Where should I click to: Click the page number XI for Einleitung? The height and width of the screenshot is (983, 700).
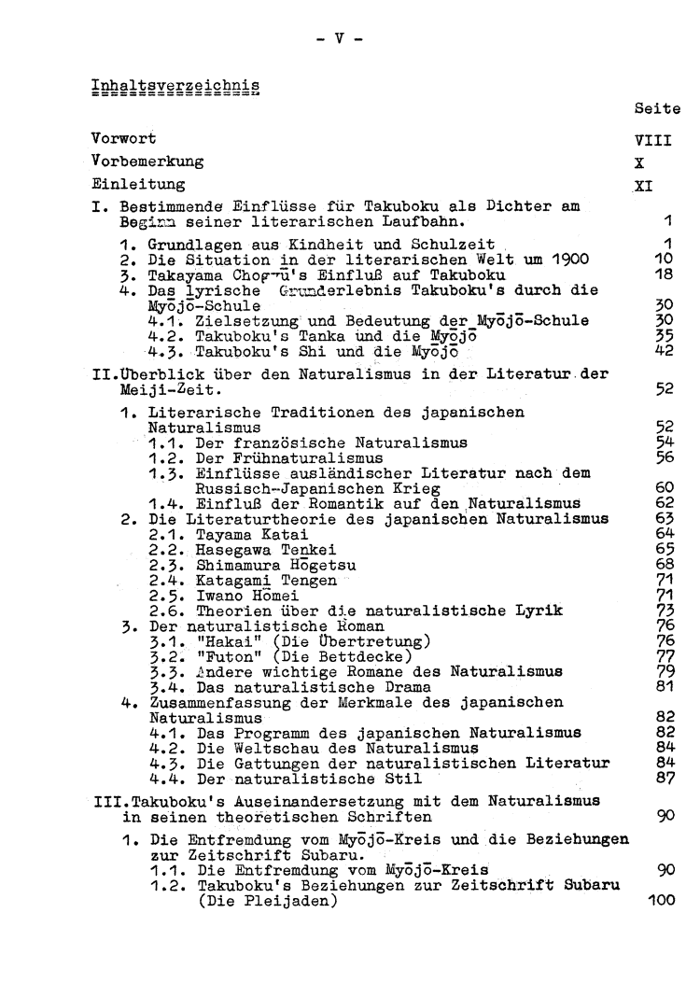click(643, 185)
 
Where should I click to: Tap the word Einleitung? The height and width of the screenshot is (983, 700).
click(133, 185)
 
